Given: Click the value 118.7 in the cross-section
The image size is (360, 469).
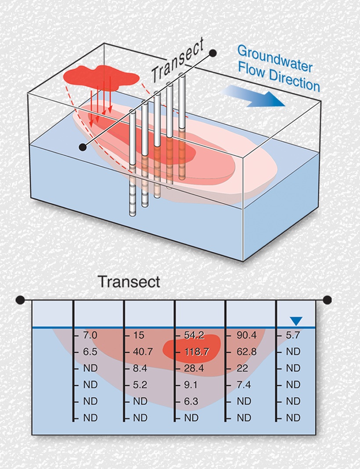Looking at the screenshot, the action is tap(197, 351).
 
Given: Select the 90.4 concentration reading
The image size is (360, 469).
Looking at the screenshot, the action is tap(247, 335).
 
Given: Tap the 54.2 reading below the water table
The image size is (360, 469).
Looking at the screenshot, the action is tap(194, 335).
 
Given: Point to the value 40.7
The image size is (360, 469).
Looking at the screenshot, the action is tap(143, 351).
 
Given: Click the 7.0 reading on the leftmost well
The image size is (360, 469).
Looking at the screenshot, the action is tap(90, 335).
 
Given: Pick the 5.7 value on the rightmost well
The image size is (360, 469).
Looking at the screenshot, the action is tap(293, 335).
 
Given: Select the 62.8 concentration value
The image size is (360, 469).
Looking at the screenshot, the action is tap(247, 351).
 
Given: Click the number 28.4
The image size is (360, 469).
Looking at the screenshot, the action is tap(194, 368).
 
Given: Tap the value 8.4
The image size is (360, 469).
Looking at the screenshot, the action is tap(140, 368).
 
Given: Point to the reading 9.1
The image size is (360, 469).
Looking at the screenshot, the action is tap(191, 385).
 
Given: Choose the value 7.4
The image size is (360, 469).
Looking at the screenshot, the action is tap(244, 385).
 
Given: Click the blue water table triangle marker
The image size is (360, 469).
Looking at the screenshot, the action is tap(296, 321).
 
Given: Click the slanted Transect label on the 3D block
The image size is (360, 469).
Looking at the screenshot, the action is tap(178, 61).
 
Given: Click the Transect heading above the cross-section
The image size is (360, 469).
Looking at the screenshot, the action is tap(129, 282).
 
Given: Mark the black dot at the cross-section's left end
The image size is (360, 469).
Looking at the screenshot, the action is tap(20, 300).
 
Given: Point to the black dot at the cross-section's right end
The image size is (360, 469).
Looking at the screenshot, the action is tap(328, 300).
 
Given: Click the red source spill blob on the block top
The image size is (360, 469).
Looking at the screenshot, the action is tap(101, 76).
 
